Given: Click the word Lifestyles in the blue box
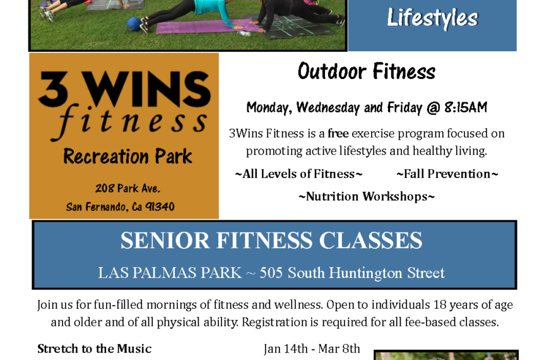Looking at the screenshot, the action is (x=432, y=18).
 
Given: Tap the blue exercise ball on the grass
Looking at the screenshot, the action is (x=134, y=24).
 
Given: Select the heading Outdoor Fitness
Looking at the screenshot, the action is (x=367, y=71).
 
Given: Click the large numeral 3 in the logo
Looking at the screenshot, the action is (x=53, y=89).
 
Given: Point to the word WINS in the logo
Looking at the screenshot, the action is (x=148, y=89).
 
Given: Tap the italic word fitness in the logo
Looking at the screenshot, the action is (x=129, y=122).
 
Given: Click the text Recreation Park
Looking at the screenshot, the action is (x=127, y=157).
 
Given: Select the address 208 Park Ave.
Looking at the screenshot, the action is (x=127, y=189).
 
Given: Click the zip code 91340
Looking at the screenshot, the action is (x=160, y=207).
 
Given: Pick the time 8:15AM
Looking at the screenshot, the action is (x=466, y=107).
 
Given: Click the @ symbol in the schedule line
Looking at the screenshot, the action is (x=434, y=108).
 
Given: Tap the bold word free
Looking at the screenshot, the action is (x=338, y=133).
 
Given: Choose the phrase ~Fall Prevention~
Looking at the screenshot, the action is (x=447, y=174).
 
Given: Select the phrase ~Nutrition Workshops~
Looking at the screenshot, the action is (x=367, y=196).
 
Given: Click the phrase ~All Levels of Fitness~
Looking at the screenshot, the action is (x=298, y=174).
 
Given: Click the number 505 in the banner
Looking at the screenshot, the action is (x=271, y=273).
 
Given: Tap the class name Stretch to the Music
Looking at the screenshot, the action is (x=94, y=349).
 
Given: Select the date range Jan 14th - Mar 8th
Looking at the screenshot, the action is (x=312, y=349).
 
